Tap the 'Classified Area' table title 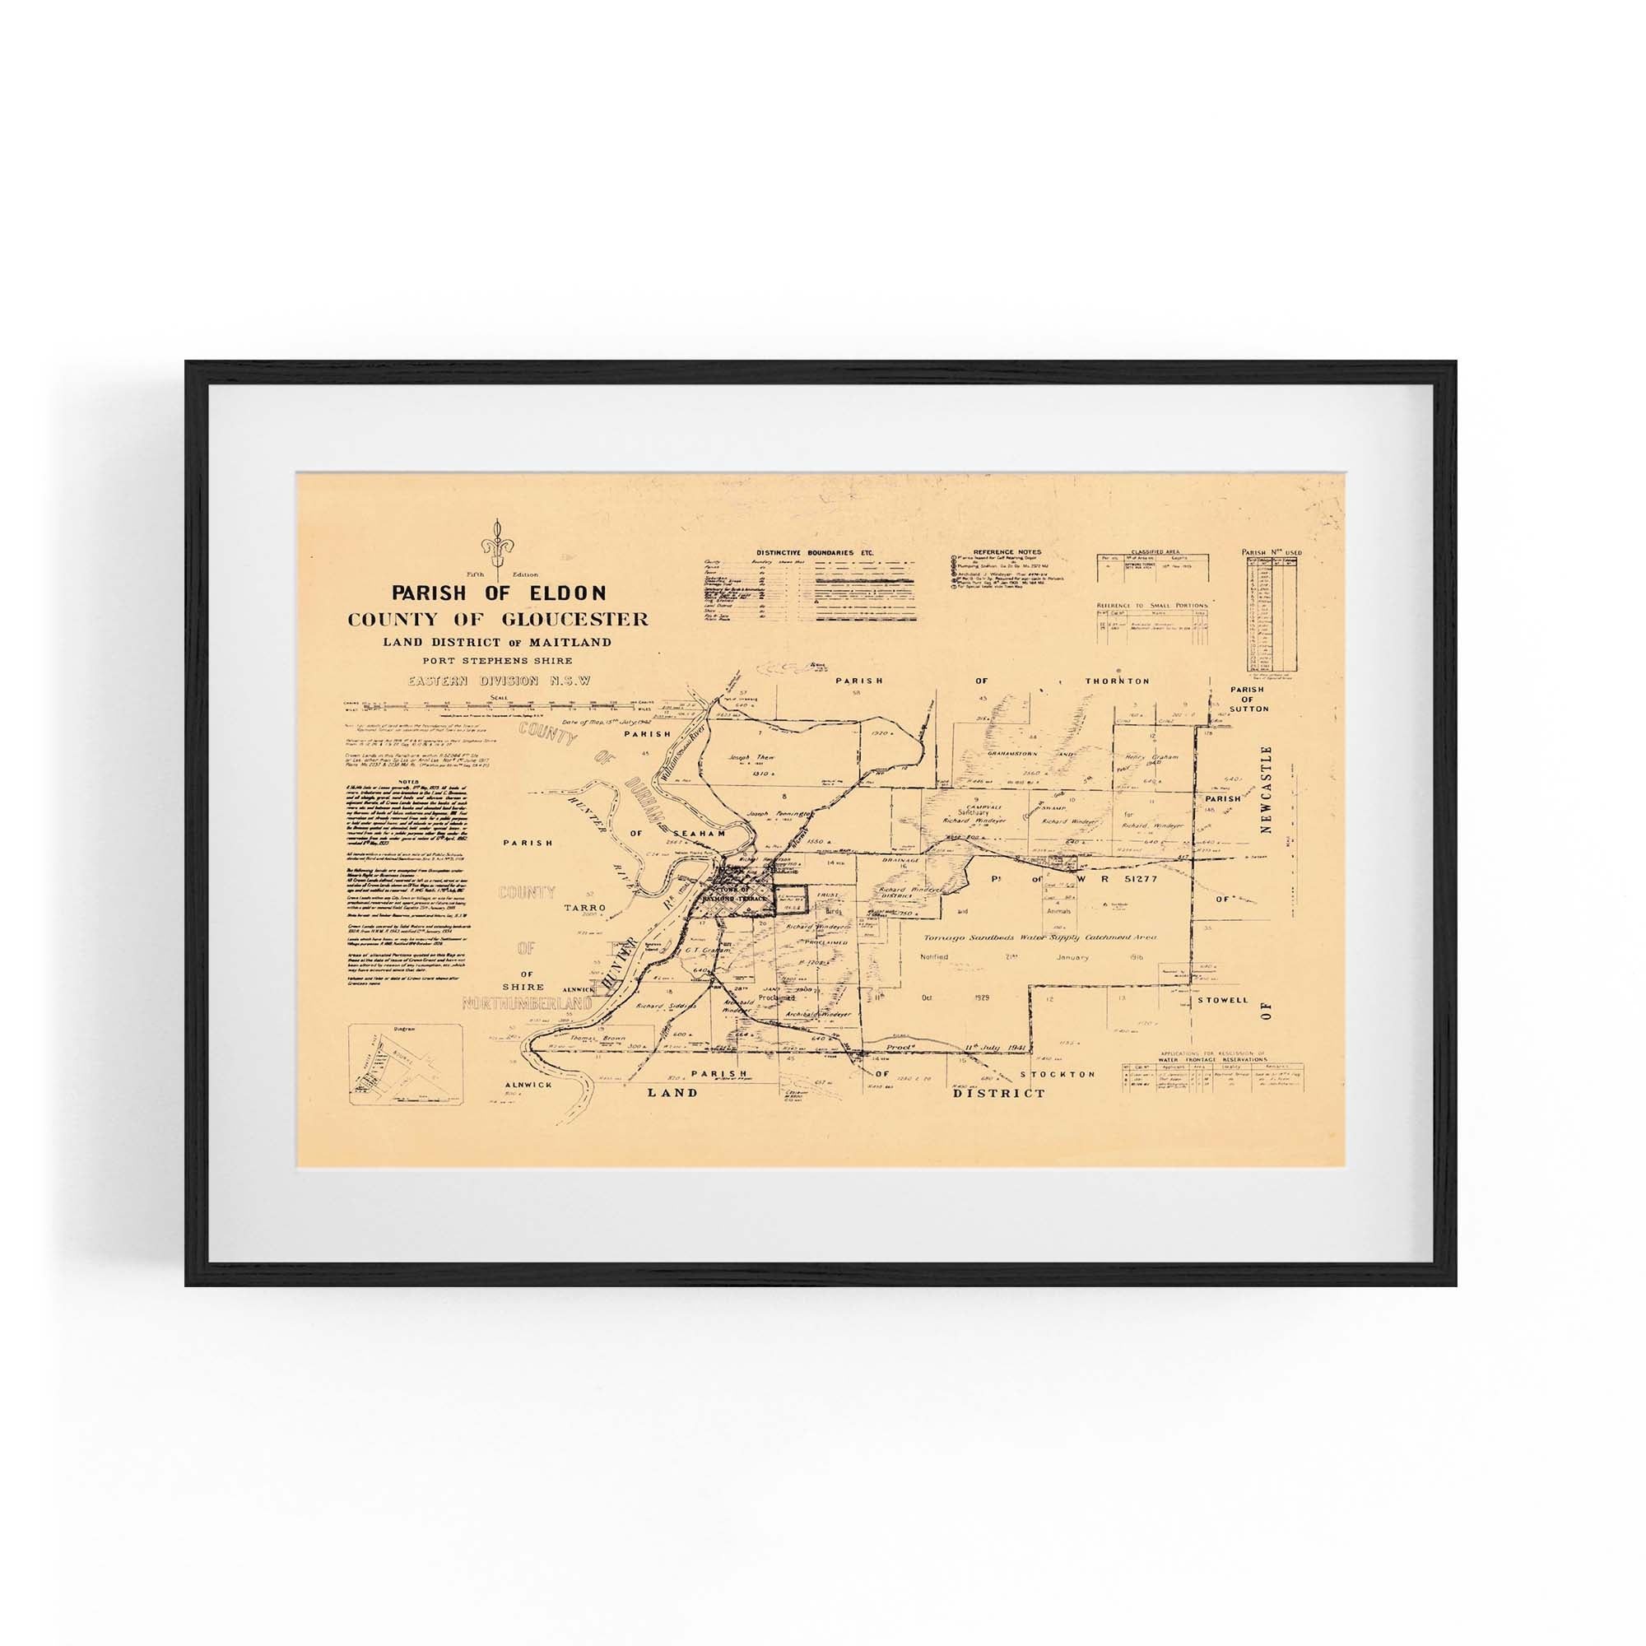[1152, 552]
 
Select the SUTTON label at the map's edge [1248, 708]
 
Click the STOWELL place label [1221, 1000]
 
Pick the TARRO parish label [584, 909]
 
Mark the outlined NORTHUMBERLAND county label [528, 1003]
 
